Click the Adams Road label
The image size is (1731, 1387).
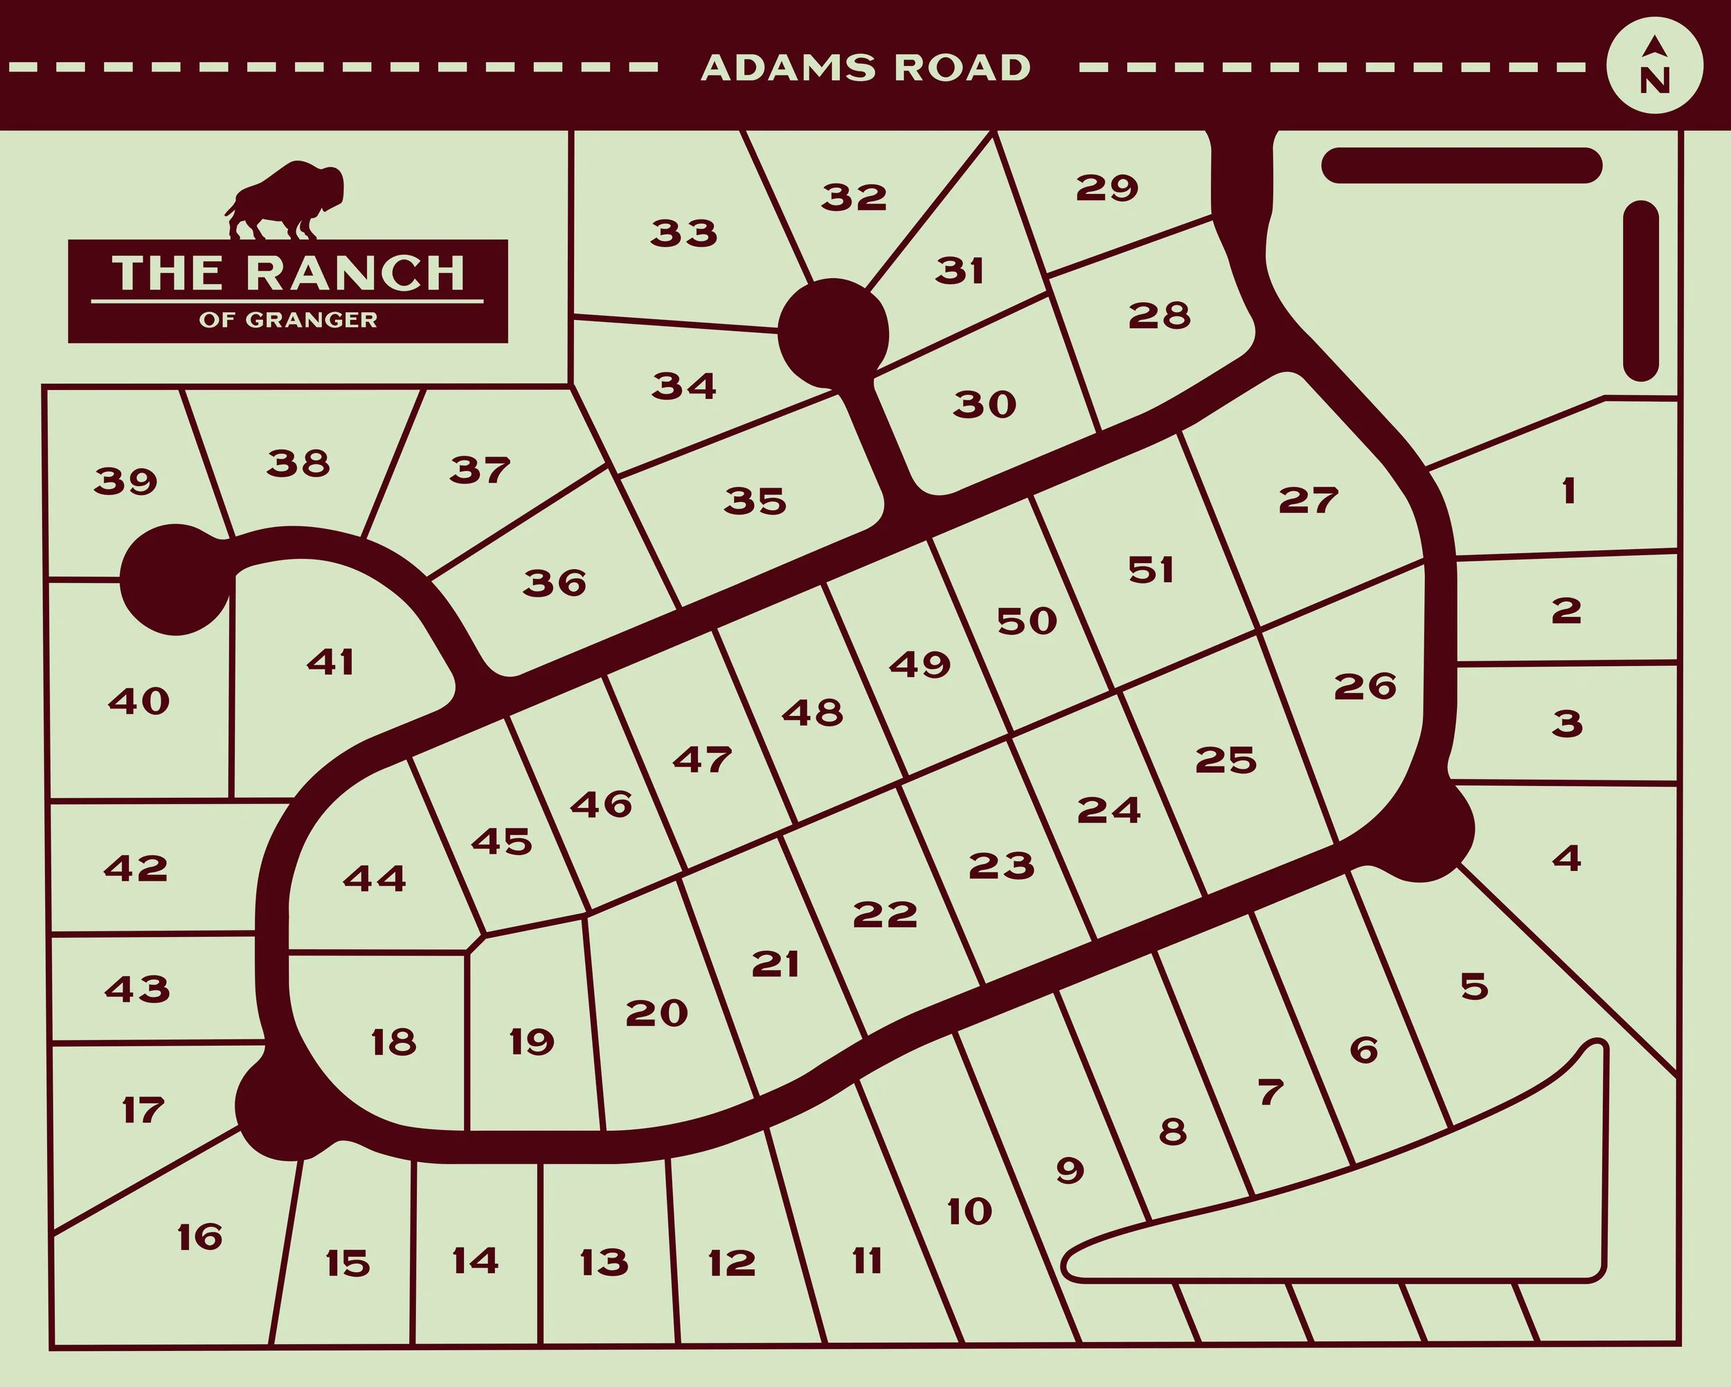tap(865, 69)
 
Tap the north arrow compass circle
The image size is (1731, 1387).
tap(1655, 66)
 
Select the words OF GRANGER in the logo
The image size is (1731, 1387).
tap(287, 320)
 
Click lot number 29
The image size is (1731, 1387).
tap(1106, 188)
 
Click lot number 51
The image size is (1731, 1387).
tap(1151, 570)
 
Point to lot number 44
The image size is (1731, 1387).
tap(374, 878)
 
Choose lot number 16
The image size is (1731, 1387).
tap(200, 1237)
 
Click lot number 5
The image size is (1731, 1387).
tap(1474, 986)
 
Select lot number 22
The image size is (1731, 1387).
tap(885, 914)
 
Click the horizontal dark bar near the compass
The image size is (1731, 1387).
tap(1461, 165)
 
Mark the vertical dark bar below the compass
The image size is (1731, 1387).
tap(1640, 291)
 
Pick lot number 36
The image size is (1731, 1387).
tap(555, 582)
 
